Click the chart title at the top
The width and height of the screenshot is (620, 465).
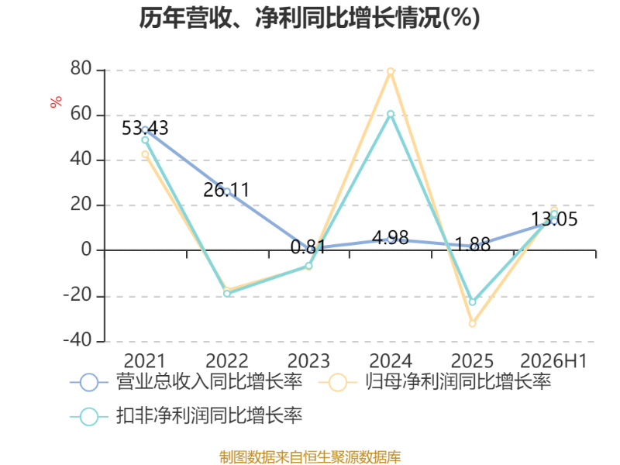click(x=309, y=18)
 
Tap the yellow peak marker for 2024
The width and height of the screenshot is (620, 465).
click(x=391, y=71)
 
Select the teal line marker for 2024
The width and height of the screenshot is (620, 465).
click(x=391, y=114)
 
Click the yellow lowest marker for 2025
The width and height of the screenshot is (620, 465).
click(x=473, y=323)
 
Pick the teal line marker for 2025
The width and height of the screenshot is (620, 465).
click(x=473, y=302)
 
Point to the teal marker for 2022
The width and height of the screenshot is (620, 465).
click(x=227, y=294)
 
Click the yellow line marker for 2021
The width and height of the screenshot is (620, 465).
click(x=145, y=154)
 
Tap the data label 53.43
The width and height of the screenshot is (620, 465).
click(x=145, y=128)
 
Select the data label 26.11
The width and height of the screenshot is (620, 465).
click(x=226, y=190)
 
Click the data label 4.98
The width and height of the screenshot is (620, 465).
click(x=391, y=238)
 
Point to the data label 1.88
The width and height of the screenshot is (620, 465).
click(x=473, y=245)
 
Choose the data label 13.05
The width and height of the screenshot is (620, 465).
click(x=554, y=219)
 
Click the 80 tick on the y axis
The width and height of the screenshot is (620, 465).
click(x=81, y=69)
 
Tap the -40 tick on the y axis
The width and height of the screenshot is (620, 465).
click(x=77, y=340)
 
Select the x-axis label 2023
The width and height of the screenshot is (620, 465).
click(x=308, y=361)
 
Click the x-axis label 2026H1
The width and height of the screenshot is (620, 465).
click(x=553, y=361)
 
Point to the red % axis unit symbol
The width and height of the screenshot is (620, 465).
click(x=56, y=102)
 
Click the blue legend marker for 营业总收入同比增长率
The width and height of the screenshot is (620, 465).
click(x=89, y=382)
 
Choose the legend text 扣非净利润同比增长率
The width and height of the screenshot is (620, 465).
click(x=209, y=415)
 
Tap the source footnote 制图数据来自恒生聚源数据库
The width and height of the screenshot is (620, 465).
click(x=310, y=456)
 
